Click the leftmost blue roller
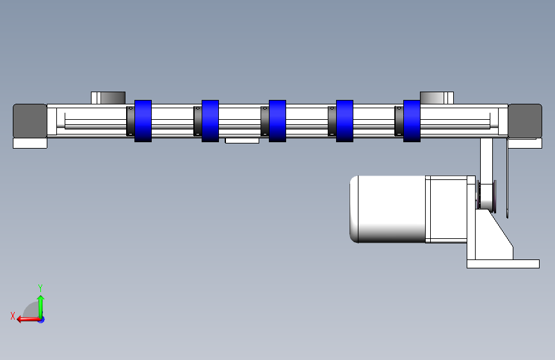pos(143,121)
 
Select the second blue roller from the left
pos(210,121)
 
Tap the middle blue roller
pos(278,121)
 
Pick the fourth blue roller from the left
pos(345,121)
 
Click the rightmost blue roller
pos(412,121)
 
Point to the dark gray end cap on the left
pos(29,121)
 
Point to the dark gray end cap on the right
pos(525,121)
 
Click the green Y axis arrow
pos(41,307)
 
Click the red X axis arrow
pos(29,320)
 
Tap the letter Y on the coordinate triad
pos(40,288)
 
